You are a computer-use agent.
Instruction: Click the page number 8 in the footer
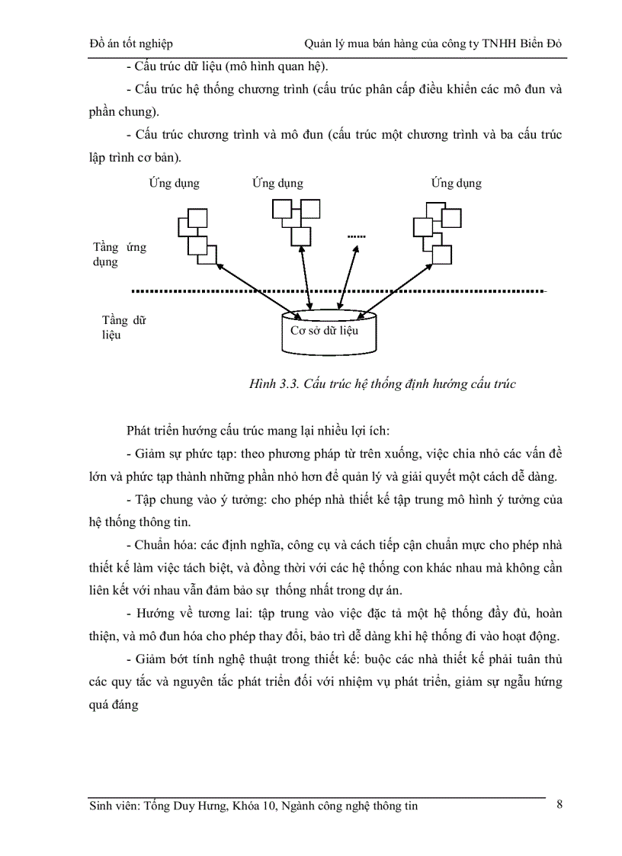[559, 804]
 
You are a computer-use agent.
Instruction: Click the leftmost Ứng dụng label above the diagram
[174, 184]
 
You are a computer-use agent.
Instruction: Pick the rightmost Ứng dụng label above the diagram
[456, 184]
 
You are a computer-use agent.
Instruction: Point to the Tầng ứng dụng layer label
[119, 255]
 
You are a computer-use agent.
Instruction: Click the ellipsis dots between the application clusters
[357, 236]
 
